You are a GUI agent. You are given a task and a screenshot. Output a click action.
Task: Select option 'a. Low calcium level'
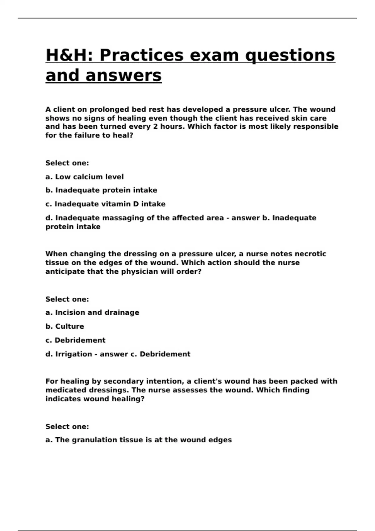click(84, 177)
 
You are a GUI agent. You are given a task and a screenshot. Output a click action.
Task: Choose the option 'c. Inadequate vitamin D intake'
click(105, 204)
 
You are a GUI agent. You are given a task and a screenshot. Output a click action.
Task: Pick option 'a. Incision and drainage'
click(92, 313)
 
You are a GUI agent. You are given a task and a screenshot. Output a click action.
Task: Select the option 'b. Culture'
click(65, 326)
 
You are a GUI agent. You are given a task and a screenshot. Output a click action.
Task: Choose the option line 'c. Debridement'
click(75, 340)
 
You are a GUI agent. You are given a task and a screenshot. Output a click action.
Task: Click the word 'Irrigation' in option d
click(74, 354)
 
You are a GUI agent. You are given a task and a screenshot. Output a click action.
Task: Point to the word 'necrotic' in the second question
click(310, 254)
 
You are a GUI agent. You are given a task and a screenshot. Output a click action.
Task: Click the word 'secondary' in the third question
click(122, 381)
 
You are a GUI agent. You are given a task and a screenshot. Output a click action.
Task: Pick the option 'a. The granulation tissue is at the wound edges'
click(138, 440)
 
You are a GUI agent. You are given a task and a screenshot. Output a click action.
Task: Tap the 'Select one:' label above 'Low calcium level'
click(67, 163)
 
